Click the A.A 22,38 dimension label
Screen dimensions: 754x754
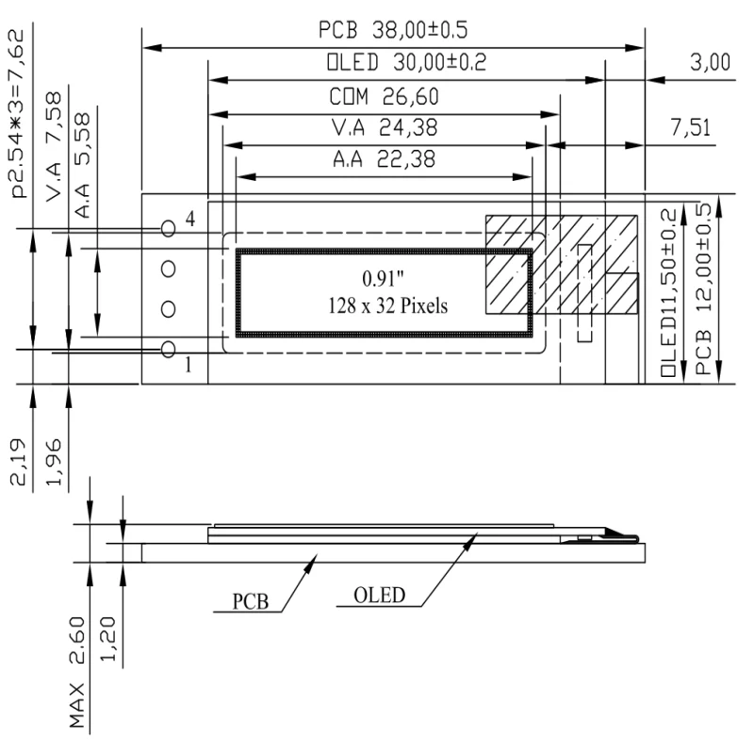(384, 159)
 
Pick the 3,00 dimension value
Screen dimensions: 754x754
(709, 63)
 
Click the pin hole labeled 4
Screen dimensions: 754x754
(169, 228)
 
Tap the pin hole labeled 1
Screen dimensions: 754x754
(169, 350)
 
